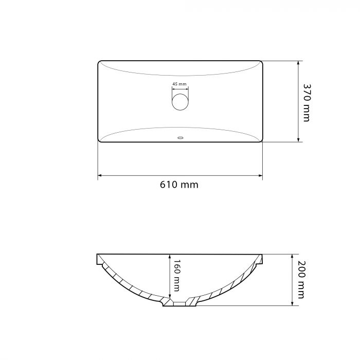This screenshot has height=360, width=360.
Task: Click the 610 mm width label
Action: point(179,185)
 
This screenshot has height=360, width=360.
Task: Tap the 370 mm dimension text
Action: point(307,103)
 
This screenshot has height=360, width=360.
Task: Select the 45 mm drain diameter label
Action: point(179,84)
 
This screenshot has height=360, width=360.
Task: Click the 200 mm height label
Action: point(301,280)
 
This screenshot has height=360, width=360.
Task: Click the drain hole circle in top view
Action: point(180,102)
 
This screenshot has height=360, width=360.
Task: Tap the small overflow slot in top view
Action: point(181,138)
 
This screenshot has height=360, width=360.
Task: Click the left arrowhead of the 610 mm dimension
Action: point(100,175)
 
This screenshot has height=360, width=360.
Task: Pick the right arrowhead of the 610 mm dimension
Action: point(261,175)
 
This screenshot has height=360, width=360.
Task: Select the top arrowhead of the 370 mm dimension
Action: point(298,63)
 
